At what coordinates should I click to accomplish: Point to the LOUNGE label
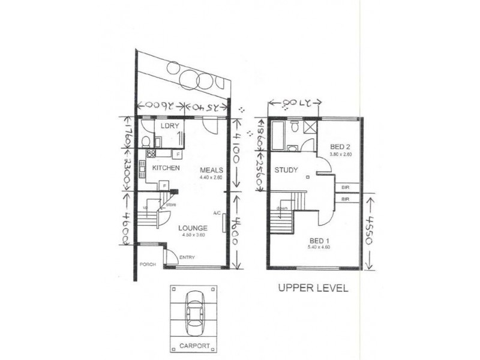pyautogui.click(x=193, y=228)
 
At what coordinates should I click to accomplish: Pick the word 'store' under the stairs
pyautogui.click(x=170, y=205)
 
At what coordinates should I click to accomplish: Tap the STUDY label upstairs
pyautogui.click(x=286, y=170)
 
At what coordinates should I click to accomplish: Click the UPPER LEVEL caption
pyautogui.click(x=312, y=288)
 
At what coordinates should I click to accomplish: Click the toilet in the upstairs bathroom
pyautogui.click(x=294, y=126)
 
